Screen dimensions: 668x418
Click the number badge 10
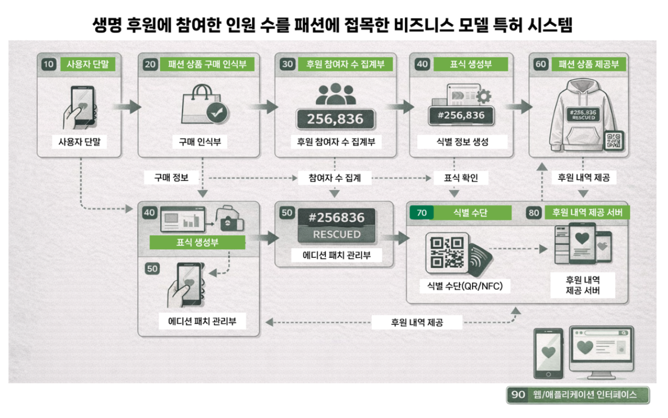(48, 64)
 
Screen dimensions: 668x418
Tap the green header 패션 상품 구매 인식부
(207, 64)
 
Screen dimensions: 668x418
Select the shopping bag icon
(205, 104)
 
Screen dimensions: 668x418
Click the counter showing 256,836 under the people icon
(335, 119)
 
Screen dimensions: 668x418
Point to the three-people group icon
(336, 94)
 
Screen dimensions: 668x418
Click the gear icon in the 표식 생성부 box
(483, 97)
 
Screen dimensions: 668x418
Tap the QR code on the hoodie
(613, 140)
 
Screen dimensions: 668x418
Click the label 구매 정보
(171, 178)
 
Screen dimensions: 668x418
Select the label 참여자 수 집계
(334, 178)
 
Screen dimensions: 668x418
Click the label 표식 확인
(460, 178)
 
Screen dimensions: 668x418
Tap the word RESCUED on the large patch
(336, 234)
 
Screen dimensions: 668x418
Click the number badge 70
(421, 213)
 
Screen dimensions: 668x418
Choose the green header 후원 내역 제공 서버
(587, 212)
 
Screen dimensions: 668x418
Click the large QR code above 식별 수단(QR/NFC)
(447, 253)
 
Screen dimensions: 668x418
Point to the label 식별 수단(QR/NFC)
(465, 286)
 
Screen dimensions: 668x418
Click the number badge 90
(518, 394)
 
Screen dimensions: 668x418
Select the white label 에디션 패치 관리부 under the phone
(202, 321)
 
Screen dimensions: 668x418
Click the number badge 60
(540, 64)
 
